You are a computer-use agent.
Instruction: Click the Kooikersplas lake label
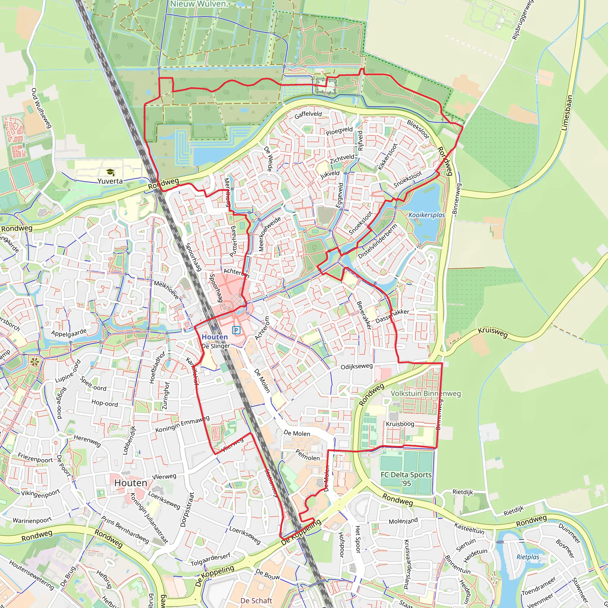(x=426, y=215)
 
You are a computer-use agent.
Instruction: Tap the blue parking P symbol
(x=236, y=330)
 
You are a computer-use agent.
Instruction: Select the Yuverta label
(x=110, y=181)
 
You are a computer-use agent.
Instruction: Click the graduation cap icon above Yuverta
(x=110, y=172)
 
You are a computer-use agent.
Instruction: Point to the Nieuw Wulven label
(x=199, y=4)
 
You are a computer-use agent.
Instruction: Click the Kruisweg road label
(x=493, y=332)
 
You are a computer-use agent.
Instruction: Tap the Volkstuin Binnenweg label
(x=425, y=393)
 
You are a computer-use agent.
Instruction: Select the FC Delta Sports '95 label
(x=406, y=479)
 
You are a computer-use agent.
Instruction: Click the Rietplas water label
(x=528, y=557)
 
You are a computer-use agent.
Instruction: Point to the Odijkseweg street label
(x=357, y=366)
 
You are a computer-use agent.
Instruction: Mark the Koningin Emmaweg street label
(x=183, y=424)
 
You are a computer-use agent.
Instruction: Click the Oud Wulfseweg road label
(x=41, y=108)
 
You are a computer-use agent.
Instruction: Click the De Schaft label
(x=256, y=601)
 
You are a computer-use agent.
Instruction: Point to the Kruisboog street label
(x=400, y=424)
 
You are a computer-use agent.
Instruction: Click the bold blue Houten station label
(x=215, y=337)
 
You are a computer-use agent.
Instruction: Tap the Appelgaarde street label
(x=69, y=333)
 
